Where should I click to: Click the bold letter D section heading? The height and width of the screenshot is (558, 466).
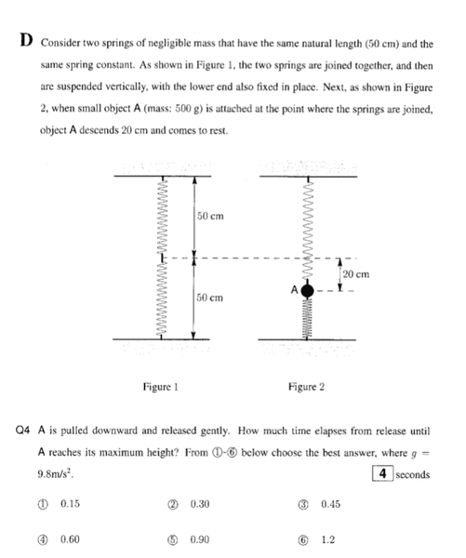pyautogui.click(x=26, y=40)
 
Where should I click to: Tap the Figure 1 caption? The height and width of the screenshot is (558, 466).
pyautogui.click(x=160, y=387)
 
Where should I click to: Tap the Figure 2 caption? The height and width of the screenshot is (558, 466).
pyautogui.click(x=306, y=387)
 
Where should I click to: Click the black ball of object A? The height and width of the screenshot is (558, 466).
pyautogui.click(x=307, y=291)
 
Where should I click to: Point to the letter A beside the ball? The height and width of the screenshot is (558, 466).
pyautogui.click(x=294, y=290)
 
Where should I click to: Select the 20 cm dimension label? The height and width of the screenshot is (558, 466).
pyautogui.click(x=356, y=274)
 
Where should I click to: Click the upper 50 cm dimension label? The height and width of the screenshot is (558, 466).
pyautogui.click(x=210, y=216)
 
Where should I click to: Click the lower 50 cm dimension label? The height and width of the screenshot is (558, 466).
pyautogui.click(x=210, y=298)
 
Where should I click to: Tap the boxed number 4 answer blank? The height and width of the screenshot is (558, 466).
pyautogui.click(x=382, y=473)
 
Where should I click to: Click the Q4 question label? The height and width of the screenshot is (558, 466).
pyautogui.click(x=22, y=431)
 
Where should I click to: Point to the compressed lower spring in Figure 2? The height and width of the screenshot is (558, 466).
pyautogui.click(x=307, y=317)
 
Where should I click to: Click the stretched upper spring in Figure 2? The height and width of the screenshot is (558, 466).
pyautogui.click(x=308, y=231)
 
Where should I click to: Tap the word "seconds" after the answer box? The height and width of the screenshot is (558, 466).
pyautogui.click(x=413, y=474)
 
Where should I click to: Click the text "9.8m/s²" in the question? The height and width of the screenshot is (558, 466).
pyautogui.click(x=55, y=473)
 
